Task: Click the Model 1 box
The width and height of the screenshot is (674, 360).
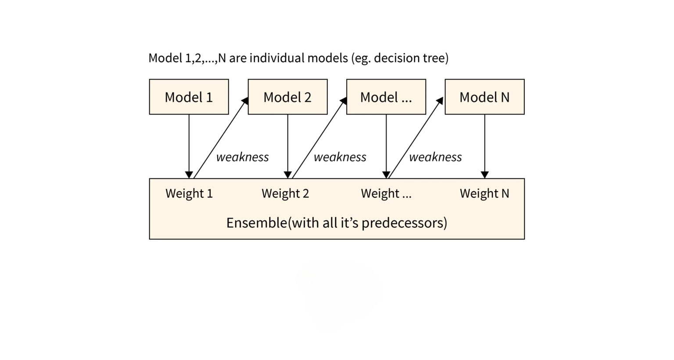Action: [x=189, y=97]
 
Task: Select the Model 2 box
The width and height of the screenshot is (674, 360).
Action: [x=287, y=97]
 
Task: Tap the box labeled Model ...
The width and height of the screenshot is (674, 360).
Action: [x=386, y=97]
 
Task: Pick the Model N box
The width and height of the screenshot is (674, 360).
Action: [x=484, y=97]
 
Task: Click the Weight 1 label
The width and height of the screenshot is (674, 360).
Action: [x=189, y=193]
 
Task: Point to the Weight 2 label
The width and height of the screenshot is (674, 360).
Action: [x=285, y=193]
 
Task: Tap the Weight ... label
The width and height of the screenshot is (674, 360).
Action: [x=386, y=193]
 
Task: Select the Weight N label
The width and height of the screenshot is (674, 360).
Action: [x=484, y=193]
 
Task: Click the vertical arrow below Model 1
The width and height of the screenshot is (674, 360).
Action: [x=189, y=145]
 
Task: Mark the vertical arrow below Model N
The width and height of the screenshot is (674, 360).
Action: [x=484, y=145]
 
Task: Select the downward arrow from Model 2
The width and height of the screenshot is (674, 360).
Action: [x=288, y=145]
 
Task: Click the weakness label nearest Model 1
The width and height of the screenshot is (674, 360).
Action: [x=242, y=157]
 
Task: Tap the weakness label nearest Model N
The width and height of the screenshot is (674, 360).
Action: [x=435, y=157]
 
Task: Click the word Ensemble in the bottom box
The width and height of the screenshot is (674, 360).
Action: [x=256, y=223]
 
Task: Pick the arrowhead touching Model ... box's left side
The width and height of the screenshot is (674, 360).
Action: [x=344, y=101]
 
